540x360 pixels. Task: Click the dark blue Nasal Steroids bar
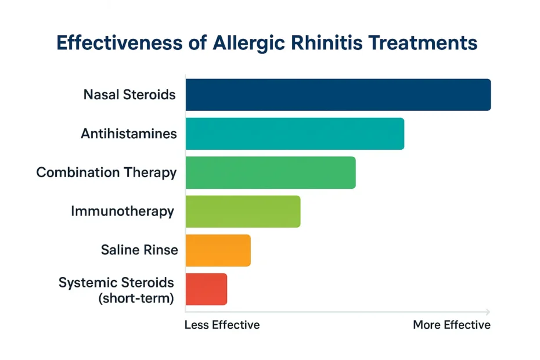(338, 95)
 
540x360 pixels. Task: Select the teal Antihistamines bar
(294, 134)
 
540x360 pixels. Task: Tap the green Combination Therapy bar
(270, 172)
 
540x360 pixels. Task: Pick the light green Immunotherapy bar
(243, 211)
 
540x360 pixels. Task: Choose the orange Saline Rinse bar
(218, 250)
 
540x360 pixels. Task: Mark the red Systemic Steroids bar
(206, 289)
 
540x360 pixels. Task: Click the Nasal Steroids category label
(129, 95)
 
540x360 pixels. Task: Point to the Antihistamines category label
(128, 134)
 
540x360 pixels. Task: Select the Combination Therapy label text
(106, 172)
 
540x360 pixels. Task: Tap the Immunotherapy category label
(122, 211)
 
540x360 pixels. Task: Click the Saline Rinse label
(139, 250)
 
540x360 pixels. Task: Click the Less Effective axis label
(222, 325)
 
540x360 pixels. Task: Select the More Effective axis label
(451, 325)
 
